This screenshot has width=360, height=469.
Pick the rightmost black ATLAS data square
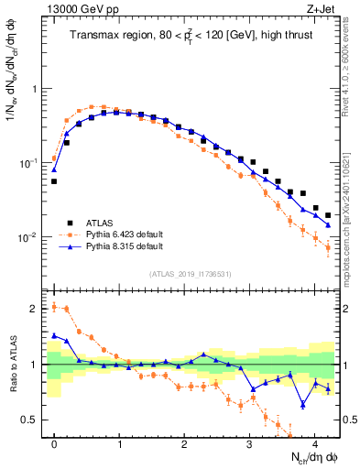328,215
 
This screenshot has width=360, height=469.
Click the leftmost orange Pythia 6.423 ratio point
54,307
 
